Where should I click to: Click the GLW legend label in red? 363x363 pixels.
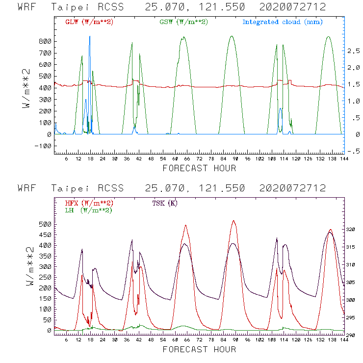[x=89, y=22]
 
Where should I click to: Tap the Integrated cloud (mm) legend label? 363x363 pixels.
[x=283, y=22]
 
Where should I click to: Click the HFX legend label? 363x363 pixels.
[x=89, y=203]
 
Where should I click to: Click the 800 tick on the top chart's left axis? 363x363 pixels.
[x=45, y=41]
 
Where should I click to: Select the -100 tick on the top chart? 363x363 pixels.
[x=43, y=146]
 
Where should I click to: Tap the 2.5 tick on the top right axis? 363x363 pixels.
[x=353, y=51]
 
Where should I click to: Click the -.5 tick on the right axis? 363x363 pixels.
[x=353, y=151]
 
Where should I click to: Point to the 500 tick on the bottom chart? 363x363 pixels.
[x=45, y=224]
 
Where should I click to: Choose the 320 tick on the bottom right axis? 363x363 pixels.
[x=353, y=230]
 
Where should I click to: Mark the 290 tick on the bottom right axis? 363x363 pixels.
[x=353, y=335]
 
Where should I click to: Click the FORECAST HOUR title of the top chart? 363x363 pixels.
[x=199, y=168]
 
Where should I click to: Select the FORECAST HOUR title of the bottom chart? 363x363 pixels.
[x=199, y=349]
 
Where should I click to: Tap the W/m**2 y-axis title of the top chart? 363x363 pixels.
[x=28, y=88]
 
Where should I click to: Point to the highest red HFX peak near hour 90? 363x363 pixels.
[x=234, y=221]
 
